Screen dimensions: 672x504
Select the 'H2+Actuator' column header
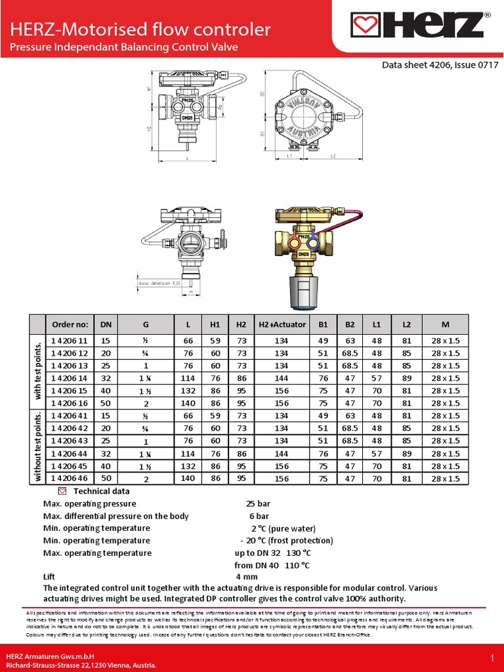coord(282,324)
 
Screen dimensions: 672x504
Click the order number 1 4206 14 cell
coord(69,378)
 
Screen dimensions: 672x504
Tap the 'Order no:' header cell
coord(69,324)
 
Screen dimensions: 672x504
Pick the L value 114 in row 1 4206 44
coord(188,453)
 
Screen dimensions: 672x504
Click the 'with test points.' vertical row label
coord(37,371)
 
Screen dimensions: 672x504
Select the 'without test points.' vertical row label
coord(37,447)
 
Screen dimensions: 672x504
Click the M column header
coord(446,324)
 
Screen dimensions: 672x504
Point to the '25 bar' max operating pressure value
coord(258,504)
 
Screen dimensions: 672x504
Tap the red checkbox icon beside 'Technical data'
coord(62,491)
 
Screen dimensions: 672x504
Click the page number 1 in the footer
coord(492,658)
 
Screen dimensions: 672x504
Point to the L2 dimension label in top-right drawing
coord(333,156)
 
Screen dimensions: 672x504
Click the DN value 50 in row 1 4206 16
coord(105,403)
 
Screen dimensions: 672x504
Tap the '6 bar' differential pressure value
coord(259,516)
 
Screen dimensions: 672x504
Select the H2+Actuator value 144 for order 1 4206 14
coord(282,378)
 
